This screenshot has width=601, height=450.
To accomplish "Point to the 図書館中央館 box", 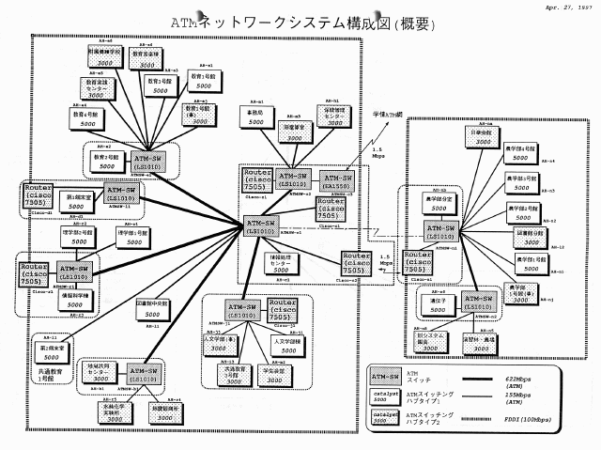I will (156, 309).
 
